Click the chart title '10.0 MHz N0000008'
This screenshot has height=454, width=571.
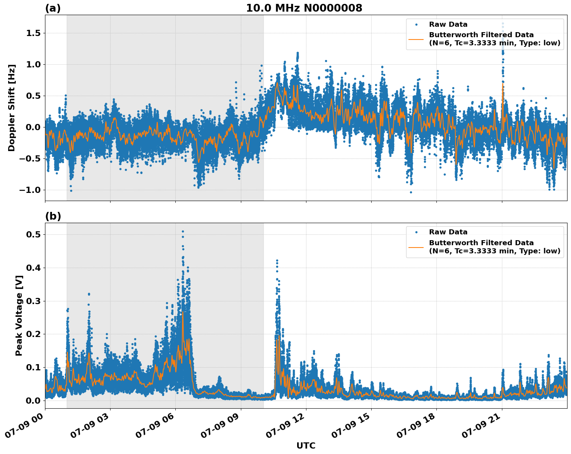[x=304, y=8]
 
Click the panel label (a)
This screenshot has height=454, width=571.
[x=53, y=8]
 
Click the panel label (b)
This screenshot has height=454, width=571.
[x=53, y=216]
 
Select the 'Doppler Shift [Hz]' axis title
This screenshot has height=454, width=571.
[x=12, y=108]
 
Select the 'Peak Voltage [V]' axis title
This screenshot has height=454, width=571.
[x=19, y=315]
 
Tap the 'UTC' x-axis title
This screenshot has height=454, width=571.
[x=306, y=445]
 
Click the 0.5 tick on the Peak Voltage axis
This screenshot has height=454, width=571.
[x=34, y=234]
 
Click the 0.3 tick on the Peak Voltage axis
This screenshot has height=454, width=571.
[x=34, y=301]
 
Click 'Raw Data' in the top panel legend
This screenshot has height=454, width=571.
[x=448, y=24]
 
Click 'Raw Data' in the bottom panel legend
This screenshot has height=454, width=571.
[x=448, y=232]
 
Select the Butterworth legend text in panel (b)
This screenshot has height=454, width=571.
[x=494, y=247]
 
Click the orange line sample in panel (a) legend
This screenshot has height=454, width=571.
[x=416, y=39]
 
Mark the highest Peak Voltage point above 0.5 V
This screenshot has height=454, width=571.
[x=183, y=231]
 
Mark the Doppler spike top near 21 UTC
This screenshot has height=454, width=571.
[x=503, y=24]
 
